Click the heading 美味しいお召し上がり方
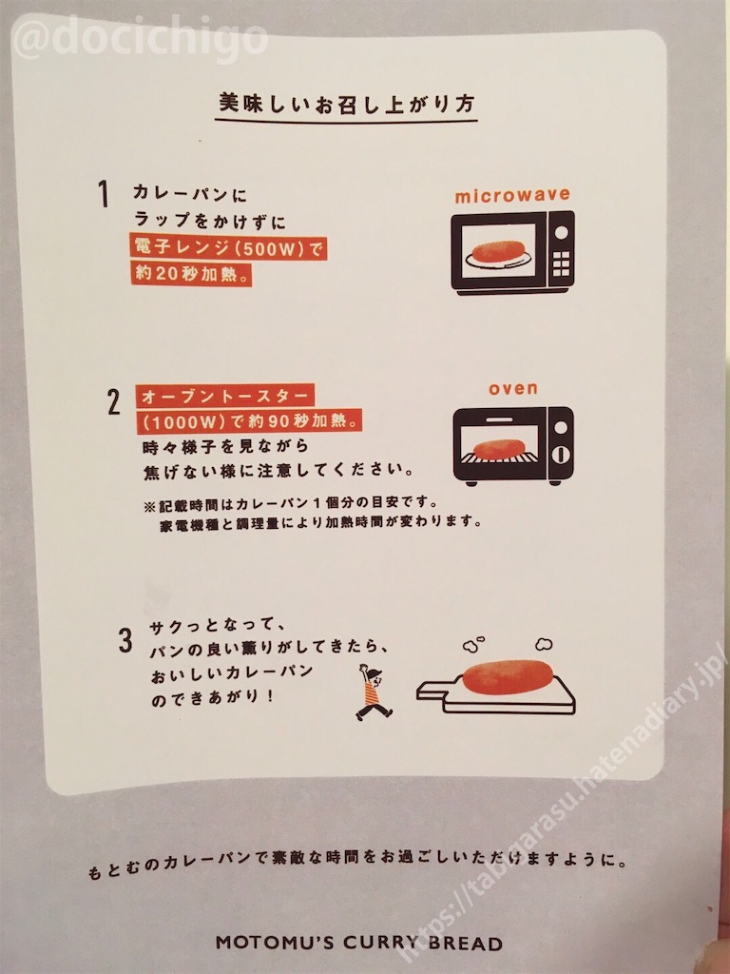coord(346,104)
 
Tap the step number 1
coord(104,194)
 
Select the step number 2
coord(114,402)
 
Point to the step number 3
coord(125,640)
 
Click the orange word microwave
coord(512,196)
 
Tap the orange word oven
coord(512,389)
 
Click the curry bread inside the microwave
coord(499,251)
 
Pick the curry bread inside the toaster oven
coord(500,449)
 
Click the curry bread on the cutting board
coord(508,676)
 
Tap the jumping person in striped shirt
coord(373,692)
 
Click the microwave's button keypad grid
coord(561,263)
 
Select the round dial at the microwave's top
coord(561,232)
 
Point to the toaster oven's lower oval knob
coord(561,454)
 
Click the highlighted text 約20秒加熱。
coord(191,273)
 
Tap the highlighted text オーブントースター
coord(224,396)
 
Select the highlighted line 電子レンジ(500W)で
coord(228,248)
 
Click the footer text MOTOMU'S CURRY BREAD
coord(358,943)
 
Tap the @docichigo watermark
coord(141,37)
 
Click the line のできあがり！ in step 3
coord(213,696)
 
